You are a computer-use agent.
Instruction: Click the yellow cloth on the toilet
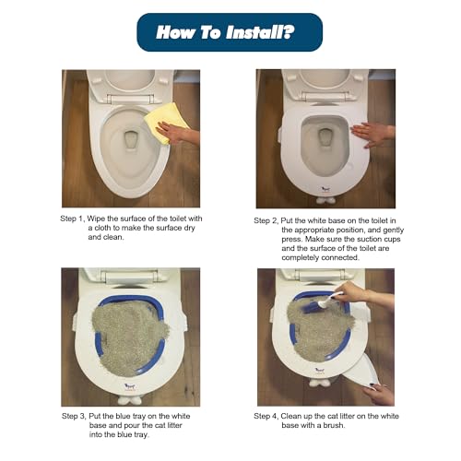[x=166, y=123]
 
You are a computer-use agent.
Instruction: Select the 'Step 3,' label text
[x=79, y=417]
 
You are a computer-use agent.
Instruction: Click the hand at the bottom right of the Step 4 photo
[x=379, y=394]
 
